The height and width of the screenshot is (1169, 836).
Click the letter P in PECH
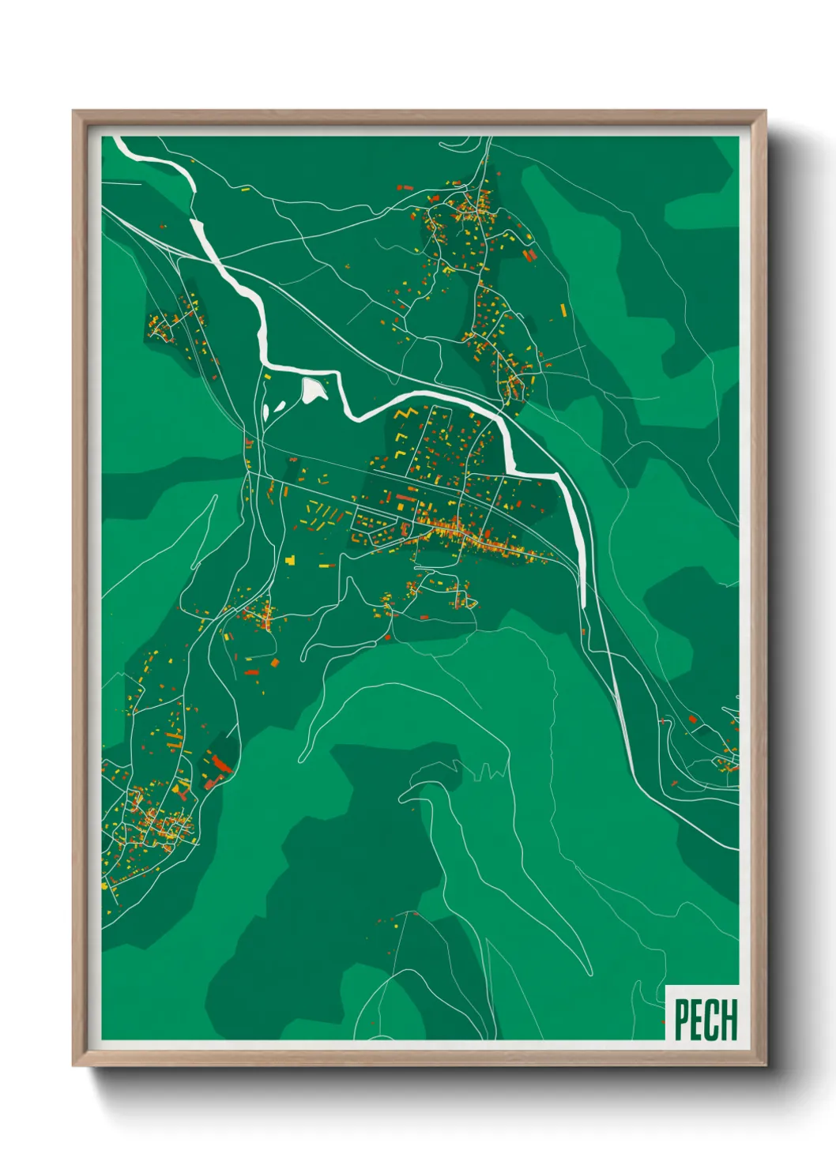680,1020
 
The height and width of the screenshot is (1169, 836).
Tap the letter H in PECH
729,1020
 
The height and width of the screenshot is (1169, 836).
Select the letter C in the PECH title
712,1020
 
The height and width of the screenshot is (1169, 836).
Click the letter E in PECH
696,1020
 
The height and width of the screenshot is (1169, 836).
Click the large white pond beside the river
313,389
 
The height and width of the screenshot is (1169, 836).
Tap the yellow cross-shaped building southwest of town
290,560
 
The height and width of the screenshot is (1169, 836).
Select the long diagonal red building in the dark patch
219,762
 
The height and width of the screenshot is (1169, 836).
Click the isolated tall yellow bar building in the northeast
563,310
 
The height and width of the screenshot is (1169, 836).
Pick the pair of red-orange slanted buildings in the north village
529,254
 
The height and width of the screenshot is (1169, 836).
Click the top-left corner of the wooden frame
74,112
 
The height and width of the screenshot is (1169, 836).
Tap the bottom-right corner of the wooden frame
764,1064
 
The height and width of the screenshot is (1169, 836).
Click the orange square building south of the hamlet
275,662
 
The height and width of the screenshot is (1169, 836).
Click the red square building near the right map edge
692,720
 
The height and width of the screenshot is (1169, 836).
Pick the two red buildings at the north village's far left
404,188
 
